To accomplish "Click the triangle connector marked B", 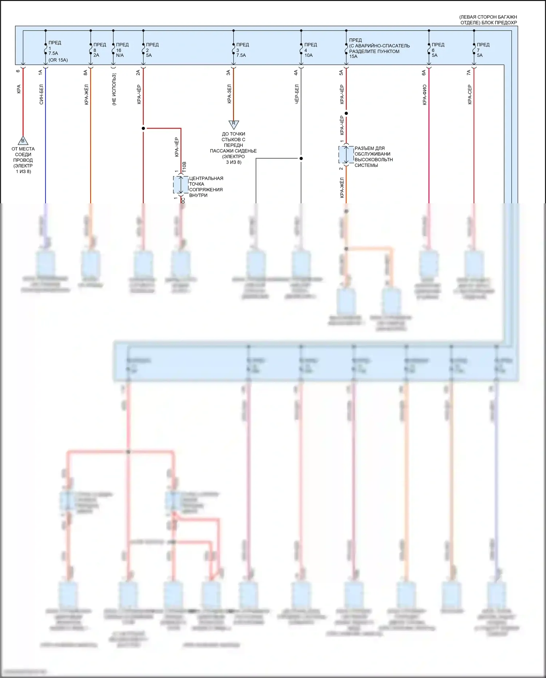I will pos(23,141).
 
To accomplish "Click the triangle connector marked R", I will pos(233,124).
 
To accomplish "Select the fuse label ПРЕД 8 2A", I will pos(99,50).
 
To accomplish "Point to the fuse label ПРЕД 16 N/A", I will pos(122,50).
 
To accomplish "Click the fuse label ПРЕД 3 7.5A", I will pos(242,50).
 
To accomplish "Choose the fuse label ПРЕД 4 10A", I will pos(310,50).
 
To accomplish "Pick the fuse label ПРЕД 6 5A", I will pos(438,50).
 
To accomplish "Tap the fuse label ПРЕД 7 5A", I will pos(483,50).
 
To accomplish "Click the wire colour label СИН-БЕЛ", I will pos(41,94).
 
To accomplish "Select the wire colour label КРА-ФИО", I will pos(425,95).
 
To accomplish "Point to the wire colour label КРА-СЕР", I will pos(470,95).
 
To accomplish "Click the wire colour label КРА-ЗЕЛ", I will pos(229,94).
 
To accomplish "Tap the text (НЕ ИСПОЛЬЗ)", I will pos(114,90).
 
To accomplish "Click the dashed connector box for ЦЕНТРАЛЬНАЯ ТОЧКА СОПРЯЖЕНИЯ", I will pos(181,185).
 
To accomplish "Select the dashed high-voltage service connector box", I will pos(346,155).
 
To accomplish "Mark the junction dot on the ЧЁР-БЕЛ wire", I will pos(301,158).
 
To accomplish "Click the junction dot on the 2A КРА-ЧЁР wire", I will pos(143,128).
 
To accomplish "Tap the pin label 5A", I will pos(341,73).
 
